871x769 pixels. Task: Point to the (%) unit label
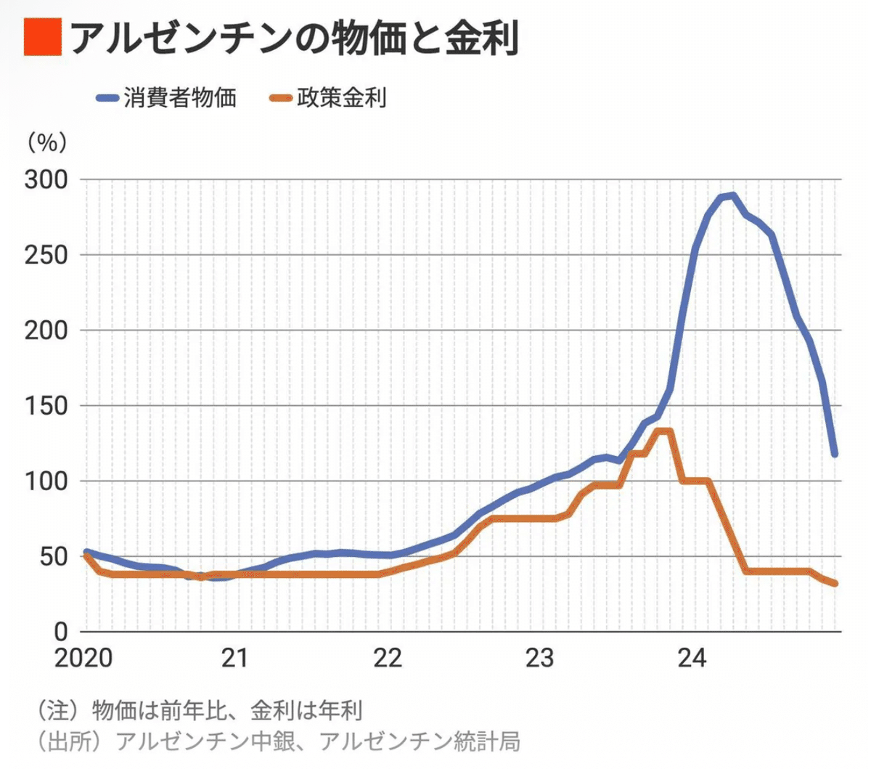pos(47,142)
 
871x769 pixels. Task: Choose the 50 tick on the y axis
pos(54,557)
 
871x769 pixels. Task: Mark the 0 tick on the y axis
pos(61,632)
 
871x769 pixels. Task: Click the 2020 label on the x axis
pos(83,658)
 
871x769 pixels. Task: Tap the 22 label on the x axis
pos(387,658)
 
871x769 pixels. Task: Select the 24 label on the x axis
pos(691,658)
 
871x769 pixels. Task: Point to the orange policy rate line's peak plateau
pos(663,431)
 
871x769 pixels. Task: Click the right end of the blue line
pos(835,454)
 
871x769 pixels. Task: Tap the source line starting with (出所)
pos(278,741)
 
